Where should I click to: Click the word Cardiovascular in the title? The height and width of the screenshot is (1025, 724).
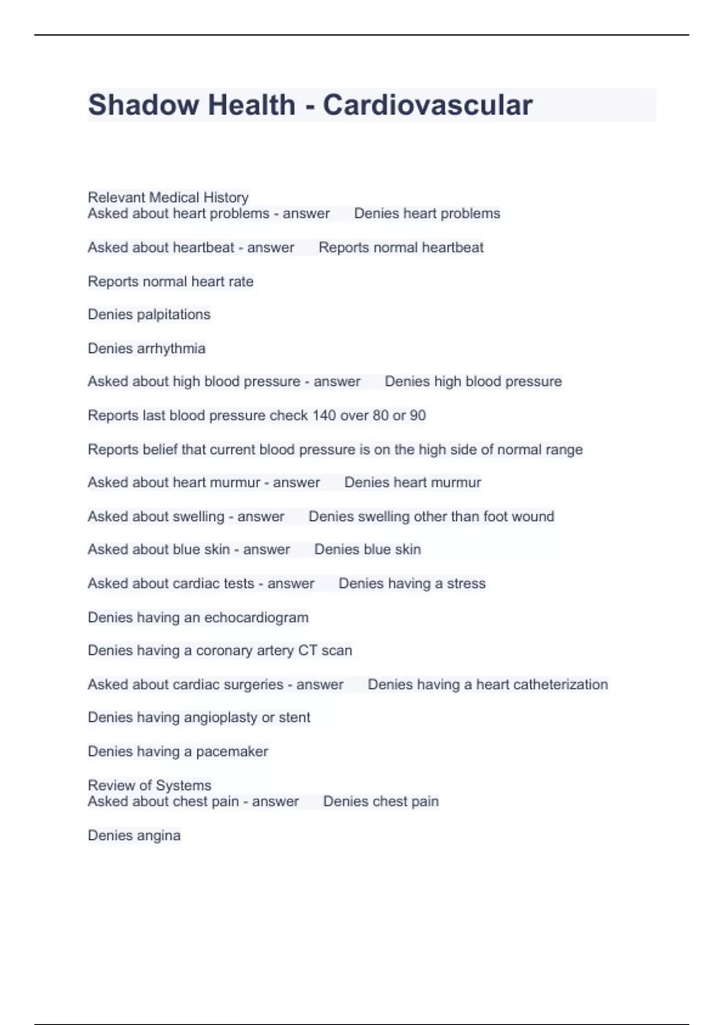point(427,105)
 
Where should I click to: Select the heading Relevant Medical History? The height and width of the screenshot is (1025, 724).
point(168,197)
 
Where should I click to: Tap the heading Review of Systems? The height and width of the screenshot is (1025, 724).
point(150,785)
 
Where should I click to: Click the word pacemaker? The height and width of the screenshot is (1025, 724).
point(232,751)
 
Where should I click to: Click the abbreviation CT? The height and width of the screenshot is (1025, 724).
point(307,651)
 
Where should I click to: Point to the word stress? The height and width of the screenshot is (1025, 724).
point(466,584)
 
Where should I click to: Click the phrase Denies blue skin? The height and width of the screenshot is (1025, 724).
point(367,549)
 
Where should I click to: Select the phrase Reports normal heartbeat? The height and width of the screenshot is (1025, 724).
point(401,247)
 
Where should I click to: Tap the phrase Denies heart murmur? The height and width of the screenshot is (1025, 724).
point(413,482)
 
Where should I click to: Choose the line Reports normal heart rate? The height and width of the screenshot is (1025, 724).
point(171,282)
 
